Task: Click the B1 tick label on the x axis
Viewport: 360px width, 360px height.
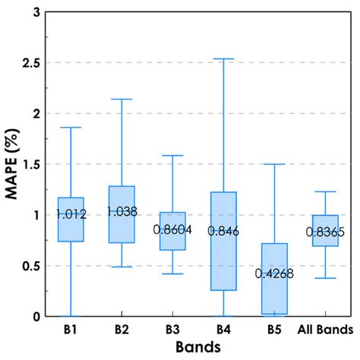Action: [x=71, y=330]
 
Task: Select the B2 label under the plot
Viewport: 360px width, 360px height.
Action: [x=122, y=330]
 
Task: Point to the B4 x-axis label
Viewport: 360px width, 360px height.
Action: [x=224, y=330]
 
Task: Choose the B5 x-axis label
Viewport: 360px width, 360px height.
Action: [x=274, y=330]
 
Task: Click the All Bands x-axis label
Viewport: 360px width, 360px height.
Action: [x=325, y=330]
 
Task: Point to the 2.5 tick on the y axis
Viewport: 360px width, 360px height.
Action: [x=30, y=62]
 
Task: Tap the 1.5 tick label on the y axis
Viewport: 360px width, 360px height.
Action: [x=30, y=164]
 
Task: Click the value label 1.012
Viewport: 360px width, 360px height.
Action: [x=71, y=213]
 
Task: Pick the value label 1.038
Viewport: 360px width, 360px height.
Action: [x=122, y=212]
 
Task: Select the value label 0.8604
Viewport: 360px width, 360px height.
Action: [x=173, y=229]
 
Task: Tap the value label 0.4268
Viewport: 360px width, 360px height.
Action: [x=274, y=273]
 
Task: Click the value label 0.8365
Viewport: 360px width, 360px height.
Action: [x=325, y=232]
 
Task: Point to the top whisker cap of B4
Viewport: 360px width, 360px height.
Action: [x=224, y=58]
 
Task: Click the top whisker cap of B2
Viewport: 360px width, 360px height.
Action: [x=122, y=99]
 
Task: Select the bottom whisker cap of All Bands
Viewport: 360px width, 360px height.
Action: [x=325, y=278]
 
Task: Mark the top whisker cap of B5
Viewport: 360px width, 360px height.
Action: [x=274, y=164]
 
